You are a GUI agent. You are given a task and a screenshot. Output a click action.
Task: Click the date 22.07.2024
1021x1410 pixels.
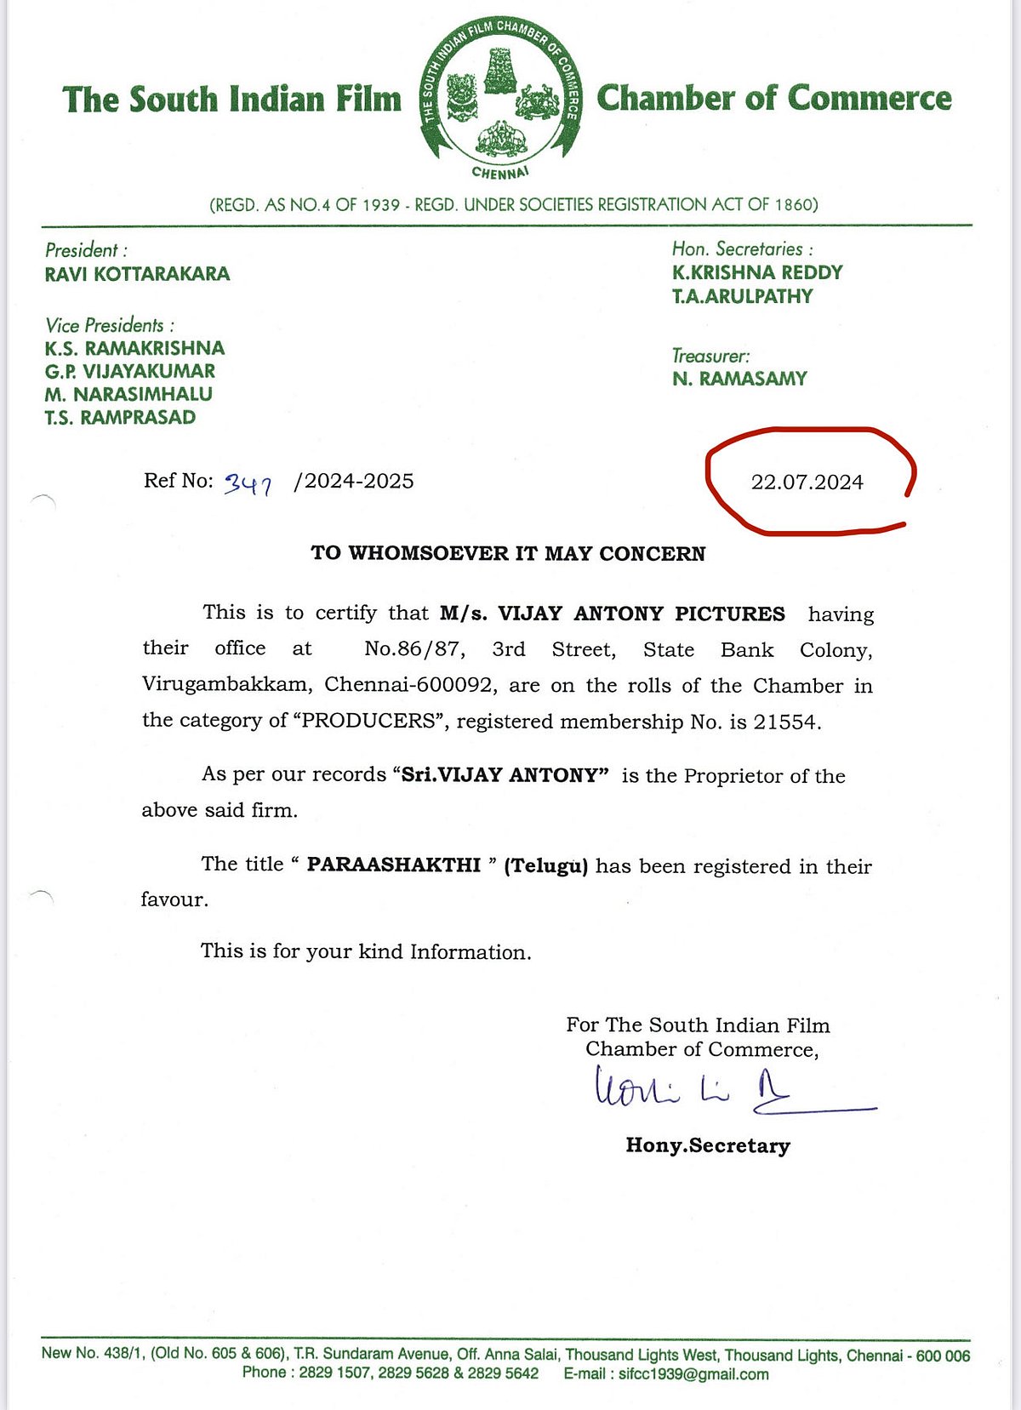pos(807,482)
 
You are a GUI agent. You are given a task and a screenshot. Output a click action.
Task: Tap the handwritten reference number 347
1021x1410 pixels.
pos(248,484)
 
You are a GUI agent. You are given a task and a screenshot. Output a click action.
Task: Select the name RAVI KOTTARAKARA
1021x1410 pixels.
pos(137,274)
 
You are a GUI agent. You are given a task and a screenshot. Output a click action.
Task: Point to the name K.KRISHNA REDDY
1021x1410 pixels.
pos(756,272)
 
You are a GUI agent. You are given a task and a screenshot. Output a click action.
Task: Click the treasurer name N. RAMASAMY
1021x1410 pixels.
pos(739,379)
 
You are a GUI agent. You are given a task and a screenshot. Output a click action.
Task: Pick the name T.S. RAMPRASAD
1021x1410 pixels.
pos(120,417)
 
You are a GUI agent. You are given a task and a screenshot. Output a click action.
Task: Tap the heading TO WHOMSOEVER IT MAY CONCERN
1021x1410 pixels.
pos(508,553)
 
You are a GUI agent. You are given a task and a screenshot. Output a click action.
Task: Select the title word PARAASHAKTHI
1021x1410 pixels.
pos(393,865)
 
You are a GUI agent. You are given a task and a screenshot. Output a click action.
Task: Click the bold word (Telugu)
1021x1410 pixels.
pos(545,866)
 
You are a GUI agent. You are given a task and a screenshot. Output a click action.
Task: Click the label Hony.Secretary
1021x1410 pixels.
pos(708,1145)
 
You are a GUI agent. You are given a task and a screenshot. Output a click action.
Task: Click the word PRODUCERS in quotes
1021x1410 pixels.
pos(368,721)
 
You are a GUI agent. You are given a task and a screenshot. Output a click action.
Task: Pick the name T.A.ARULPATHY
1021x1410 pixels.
pos(742,296)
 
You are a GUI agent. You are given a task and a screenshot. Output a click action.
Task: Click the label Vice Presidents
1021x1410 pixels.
pos(110,325)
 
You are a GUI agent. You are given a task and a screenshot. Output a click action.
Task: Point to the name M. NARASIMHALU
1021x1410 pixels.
pos(128,394)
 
